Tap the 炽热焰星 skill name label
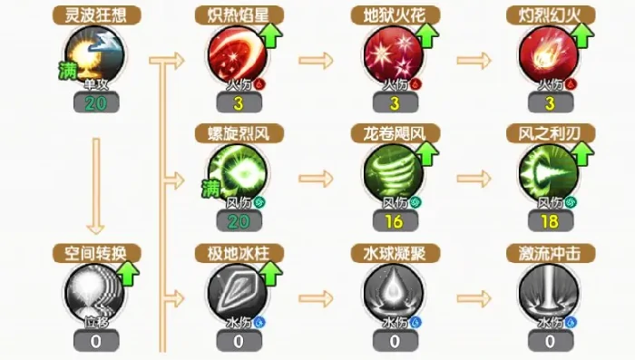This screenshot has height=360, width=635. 237,15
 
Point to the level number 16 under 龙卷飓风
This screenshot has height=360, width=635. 393,221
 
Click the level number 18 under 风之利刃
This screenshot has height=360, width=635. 548,221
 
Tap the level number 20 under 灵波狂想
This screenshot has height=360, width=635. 97,103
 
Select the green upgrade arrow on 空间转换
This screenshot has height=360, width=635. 128,270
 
